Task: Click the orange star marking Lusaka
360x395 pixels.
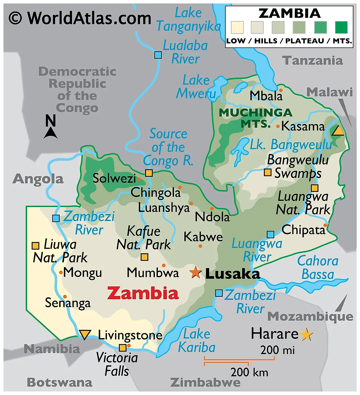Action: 196,273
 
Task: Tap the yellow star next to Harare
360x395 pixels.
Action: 307,334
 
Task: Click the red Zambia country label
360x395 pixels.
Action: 143,293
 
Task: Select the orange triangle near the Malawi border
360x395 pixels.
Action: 338,131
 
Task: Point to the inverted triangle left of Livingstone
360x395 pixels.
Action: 85,334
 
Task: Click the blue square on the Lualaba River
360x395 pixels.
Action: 158,55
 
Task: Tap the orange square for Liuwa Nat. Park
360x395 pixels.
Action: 35,246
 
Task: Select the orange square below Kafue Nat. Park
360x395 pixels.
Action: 144,257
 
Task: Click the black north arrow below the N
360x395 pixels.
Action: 50,133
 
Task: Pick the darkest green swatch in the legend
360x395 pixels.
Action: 341,28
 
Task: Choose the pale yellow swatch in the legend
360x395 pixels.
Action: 237,28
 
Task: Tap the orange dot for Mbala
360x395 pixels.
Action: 281,90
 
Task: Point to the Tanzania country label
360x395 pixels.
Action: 312,61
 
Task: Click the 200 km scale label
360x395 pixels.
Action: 249,372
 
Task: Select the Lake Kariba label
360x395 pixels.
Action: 197,341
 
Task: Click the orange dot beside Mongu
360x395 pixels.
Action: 61,273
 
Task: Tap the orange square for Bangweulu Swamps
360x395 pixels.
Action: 268,172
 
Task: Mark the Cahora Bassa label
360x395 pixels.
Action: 318,268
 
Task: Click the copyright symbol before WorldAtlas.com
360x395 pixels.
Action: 15,18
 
